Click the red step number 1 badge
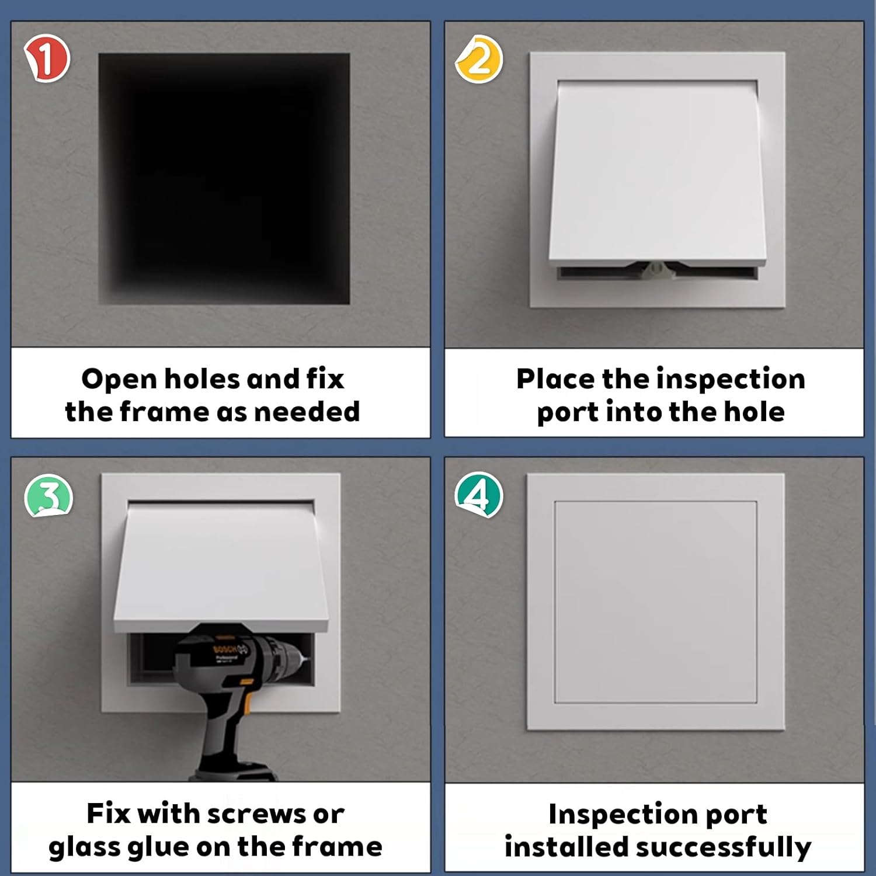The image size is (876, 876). click(x=47, y=58)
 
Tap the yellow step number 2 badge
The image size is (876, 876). click(x=479, y=59)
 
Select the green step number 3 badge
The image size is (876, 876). click(x=48, y=496)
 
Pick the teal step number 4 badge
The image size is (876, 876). click(x=479, y=495)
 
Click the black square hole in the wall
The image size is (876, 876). click(x=224, y=179)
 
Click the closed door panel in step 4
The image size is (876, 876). click(x=655, y=602)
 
